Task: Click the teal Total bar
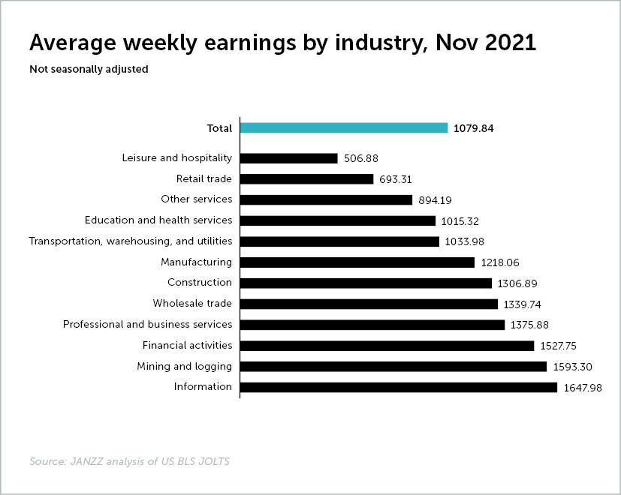[x=344, y=128]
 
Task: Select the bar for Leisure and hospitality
[x=288, y=158]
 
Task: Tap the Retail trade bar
[x=306, y=179]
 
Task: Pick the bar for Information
[x=399, y=387]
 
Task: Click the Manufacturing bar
[x=357, y=262]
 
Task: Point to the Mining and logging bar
[x=393, y=366]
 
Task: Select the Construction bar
[x=366, y=283]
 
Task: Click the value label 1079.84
[x=474, y=128]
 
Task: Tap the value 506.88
[x=360, y=159]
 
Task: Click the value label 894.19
[x=436, y=200]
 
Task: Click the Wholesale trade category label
[x=192, y=303]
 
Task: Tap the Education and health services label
[x=158, y=220]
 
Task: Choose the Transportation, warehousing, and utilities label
[x=131, y=241]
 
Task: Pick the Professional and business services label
[x=148, y=324]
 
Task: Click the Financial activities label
[x=188, y=345]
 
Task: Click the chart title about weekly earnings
[x=282, y=43]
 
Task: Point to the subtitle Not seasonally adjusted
[x=89, y=70]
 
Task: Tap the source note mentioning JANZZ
[x=129, y=461]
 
